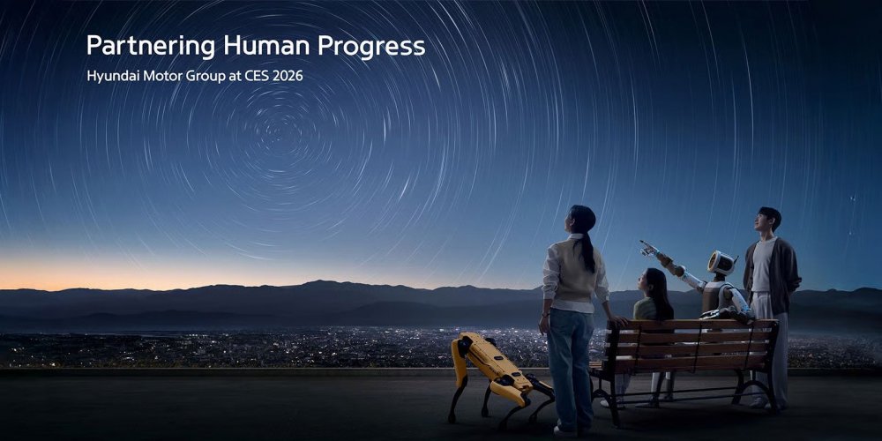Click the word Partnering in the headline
[150, 47]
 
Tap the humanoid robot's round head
[721, 263]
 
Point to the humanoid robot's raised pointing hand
[648, 247]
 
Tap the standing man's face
[769, 220]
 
